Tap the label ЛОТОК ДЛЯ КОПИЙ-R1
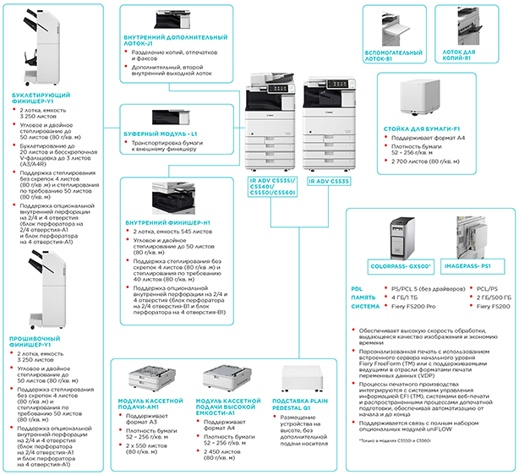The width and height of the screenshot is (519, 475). (x=469, y=57)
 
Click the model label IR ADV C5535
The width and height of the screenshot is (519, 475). (x=325, y=181)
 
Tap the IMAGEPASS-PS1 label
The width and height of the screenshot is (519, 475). (x=469, y=267)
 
